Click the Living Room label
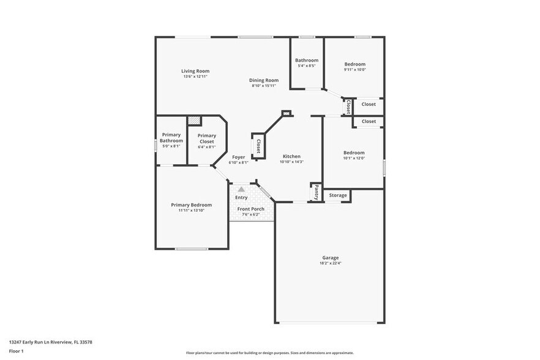[x=195, y=71]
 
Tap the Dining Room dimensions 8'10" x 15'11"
[x=264, y=86]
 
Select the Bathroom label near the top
[x=306, y=60]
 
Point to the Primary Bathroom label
[x=171, y=137]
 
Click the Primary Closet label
[x=206, y=138]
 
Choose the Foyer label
[x=238, y=157]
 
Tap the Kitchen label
[x=291, y=156]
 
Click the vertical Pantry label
[x=316, y=193]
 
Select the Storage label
[x=338, y=195]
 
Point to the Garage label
[x=330, y=258]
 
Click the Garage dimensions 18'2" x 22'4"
[x=330, y=263]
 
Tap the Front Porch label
[x=250, y=209]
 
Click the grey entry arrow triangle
[x=241, y=190]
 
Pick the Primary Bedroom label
[x=191, y=204]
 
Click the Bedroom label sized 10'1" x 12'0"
[x=353, y=152]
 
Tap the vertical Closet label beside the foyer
[x=258, y=146]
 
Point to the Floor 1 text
[x=16, y=351]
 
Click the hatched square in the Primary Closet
[x=194, y=121]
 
